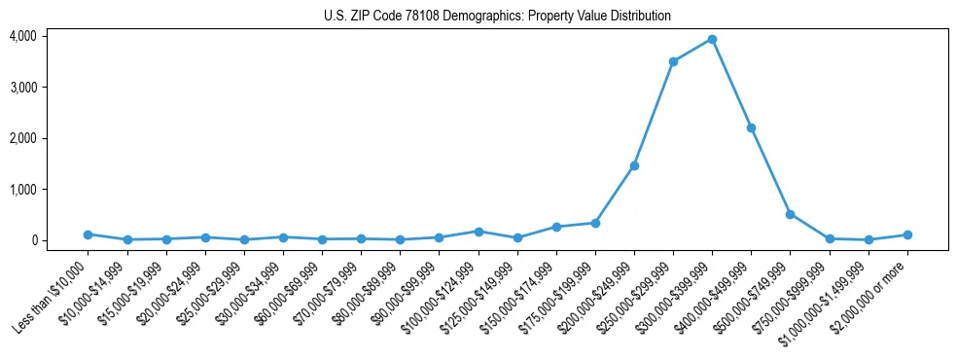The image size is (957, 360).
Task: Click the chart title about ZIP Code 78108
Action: (x=497, y=17)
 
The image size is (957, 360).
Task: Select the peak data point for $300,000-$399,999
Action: (x=712, y=39)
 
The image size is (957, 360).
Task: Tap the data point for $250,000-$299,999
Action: (x=673, y=61)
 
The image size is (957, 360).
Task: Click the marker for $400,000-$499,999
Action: (x=751, y=127)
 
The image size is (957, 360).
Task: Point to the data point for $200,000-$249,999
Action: (x=634, y=165)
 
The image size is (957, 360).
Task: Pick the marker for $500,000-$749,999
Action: (x=790, y=214)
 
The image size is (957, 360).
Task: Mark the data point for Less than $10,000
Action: (x=88, y=234)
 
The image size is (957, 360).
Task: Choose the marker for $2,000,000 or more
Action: (x=907, y=234)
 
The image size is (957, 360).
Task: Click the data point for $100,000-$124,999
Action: (x=478, y=232)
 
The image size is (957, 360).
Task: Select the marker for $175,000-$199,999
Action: (x=595, y=223)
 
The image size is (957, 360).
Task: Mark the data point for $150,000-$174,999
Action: (x=556, y=227)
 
